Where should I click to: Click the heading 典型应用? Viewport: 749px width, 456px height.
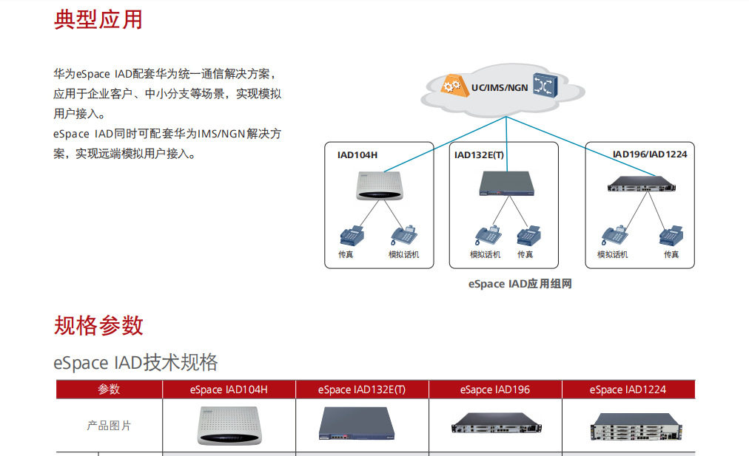tap(98, 19)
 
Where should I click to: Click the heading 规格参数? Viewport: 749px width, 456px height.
tap(98, 325)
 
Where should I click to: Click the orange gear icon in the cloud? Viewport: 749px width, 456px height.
tap(451, 86)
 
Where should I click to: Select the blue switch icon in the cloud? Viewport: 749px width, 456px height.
tap(545, 86)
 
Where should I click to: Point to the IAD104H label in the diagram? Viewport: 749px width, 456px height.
tap(357, 155)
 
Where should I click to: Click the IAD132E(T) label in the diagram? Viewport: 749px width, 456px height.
tap(479, 155)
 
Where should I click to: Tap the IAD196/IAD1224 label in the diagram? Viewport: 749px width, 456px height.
tap(650, 154)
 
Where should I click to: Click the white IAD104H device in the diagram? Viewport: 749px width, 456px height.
tap(378, 186)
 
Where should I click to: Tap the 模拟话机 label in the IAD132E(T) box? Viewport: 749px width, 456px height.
tap(485, 255)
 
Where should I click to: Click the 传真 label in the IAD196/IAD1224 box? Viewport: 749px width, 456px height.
tap(671, 255)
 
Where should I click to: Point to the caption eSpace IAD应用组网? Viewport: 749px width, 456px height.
tap(520, 285)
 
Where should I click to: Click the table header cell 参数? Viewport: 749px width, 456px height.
tap(109, 389)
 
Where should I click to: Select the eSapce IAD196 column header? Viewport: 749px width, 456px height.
tap(495, 389)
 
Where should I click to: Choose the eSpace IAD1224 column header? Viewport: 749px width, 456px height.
tap(628, 389)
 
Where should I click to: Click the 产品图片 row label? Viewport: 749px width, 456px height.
tap(109, 426)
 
